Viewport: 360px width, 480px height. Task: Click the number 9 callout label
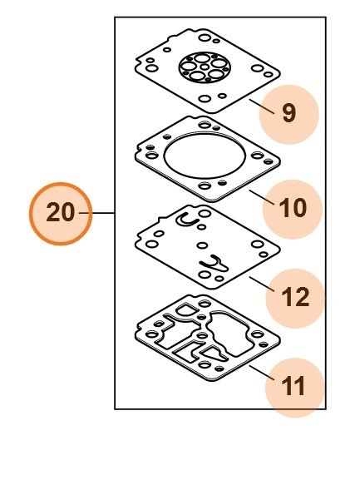click(x=288, y=114)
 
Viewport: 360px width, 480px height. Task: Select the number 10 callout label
click(x=293, y=209)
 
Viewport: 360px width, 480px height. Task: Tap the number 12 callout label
click(x=295, y=298)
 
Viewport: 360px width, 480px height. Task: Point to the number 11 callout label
click(x=293, y=387)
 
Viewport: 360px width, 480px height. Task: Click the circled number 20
click(x=61, y=213)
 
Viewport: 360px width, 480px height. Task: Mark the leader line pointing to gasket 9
click(x=262, y=106)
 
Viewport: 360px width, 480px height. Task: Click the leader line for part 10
click(x=262, y=197)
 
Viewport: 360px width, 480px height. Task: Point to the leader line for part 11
click(x=262, y=373)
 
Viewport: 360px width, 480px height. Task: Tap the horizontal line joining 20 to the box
click(x=97, y=213)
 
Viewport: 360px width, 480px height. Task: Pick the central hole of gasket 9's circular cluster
click(x=205, y=67)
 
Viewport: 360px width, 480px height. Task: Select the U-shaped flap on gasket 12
click(x=187, y=220)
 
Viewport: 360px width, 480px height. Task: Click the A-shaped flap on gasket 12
click(x=215, y=264)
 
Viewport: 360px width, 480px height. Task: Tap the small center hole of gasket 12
click(x=202, y=245)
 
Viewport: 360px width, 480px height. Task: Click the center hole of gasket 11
click(x=201, y=336)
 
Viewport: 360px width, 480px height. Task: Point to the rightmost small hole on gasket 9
click(x=268, y=74)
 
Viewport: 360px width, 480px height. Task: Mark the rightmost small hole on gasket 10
click(x=269, y=161)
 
